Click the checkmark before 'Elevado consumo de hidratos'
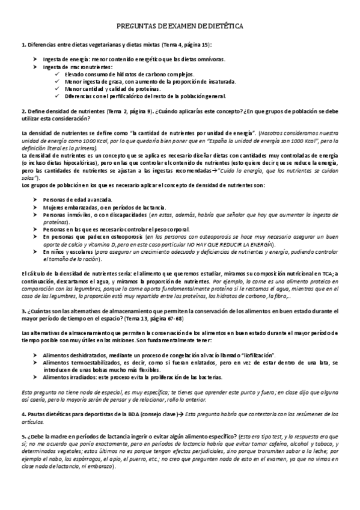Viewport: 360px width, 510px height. pyautogui.click(x=56, y=74)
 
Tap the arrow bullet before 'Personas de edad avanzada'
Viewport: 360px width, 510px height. pyautogui.click(x=35, y=199)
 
